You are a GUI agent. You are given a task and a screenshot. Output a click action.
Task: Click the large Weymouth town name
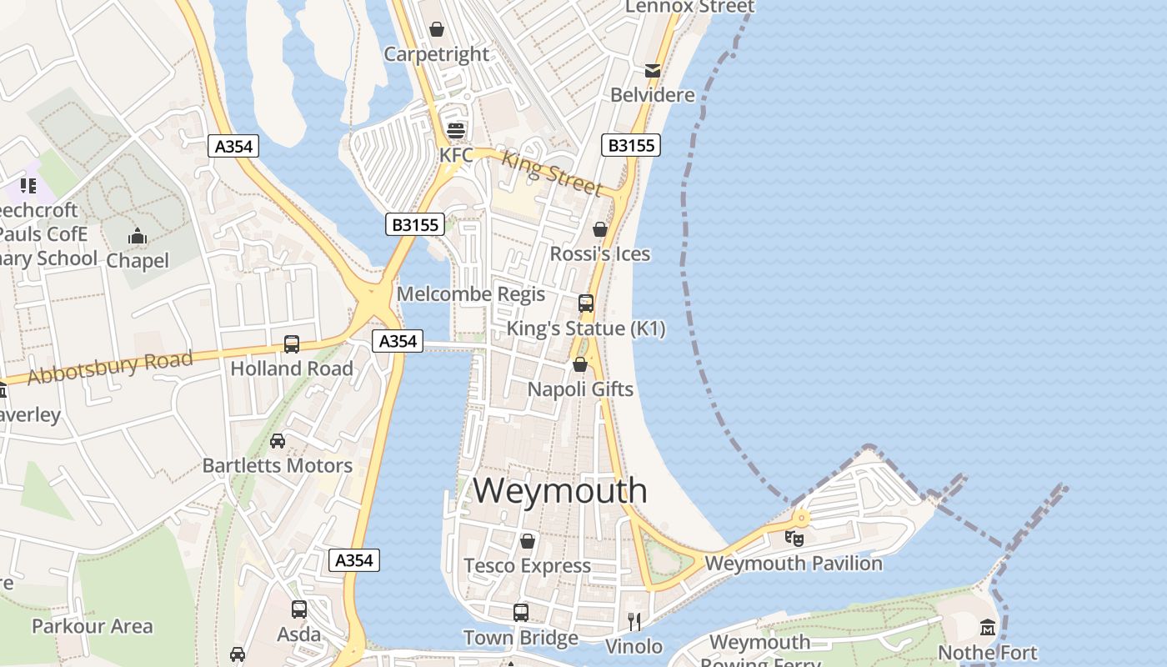click(560, 490)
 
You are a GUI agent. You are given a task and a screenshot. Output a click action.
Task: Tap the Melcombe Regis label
click(471, 293)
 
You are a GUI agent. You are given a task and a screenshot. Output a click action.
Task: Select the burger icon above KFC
click(455, 130)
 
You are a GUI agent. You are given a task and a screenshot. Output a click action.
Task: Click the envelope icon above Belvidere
click(652, 71)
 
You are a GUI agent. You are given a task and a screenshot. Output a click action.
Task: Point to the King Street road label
click(552, 173)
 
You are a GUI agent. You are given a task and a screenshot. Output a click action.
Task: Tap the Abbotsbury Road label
click(110, 368)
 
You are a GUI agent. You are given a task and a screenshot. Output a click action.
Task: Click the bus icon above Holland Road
click(292, 344)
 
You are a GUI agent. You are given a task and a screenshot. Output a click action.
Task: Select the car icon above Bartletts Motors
click(278, 441)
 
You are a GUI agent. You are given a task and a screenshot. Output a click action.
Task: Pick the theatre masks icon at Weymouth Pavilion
click(794, 539)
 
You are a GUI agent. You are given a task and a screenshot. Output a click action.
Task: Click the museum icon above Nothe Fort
click(988, 627)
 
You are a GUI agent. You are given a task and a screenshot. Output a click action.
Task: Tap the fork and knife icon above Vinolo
click(634, 621)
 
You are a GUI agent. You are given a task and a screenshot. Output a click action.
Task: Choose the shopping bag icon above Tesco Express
click(527, 541)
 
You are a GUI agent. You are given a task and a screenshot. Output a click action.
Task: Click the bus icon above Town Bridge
click(521, 613)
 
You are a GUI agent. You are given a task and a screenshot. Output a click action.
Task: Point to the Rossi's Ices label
click(600, 253)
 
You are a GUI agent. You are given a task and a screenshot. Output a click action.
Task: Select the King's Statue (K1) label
click(586, 328)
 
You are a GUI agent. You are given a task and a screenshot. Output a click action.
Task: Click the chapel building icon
click(138, 237)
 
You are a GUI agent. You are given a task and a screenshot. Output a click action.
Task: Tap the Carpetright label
click(436, 54)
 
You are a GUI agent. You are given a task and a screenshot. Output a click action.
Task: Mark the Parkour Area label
click(93, 626)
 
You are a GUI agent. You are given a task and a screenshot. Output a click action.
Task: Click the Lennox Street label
click(689, 7)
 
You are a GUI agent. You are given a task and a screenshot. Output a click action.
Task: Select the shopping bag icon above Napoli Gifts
click(580, 364)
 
